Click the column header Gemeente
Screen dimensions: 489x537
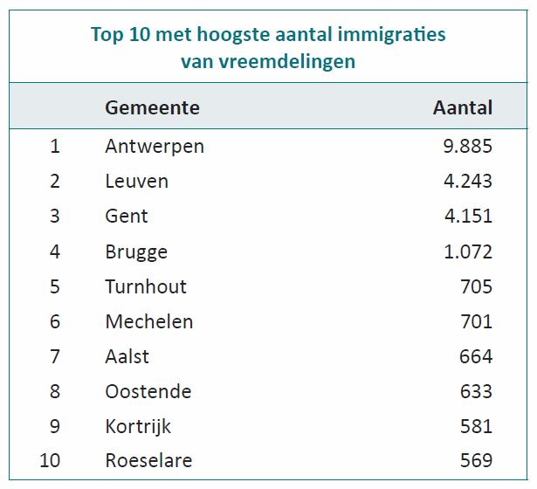coord(152,108)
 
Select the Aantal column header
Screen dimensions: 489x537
coord(462,108)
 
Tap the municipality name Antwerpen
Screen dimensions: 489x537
coord(154,146)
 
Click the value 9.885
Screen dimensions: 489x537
coord(468,146)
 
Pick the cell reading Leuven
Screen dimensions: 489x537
coord(136,181)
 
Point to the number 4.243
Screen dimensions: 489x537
coord(468,181)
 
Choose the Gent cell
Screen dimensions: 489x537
coord(127,216)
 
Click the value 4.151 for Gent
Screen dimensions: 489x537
coord(468,216)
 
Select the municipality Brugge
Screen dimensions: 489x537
coord(135,251)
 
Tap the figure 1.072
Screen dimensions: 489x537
coord(468,251)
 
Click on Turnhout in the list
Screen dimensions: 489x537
coord(145,286)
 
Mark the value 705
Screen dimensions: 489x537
coord(477,286)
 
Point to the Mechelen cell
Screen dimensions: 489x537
coord(148,321)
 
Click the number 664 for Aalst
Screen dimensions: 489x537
coord(477,356)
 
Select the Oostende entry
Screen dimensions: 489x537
coord(148,391)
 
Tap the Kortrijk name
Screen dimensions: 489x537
coord(137,426)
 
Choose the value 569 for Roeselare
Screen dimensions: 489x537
coord(477,460)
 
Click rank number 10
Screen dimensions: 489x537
coord(50,460)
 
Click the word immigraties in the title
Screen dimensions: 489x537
coord(392,35)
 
